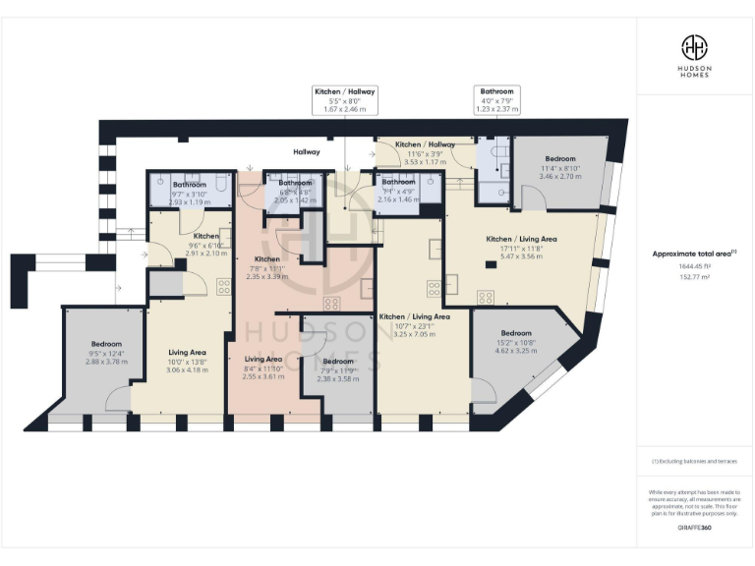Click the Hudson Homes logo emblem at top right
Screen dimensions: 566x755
695,47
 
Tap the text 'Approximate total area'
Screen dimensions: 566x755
693,254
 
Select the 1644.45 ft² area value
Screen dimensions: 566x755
694,268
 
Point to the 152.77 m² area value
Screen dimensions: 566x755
694,279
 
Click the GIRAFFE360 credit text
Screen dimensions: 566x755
694,531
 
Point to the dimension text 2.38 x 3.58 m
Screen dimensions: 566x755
337,378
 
